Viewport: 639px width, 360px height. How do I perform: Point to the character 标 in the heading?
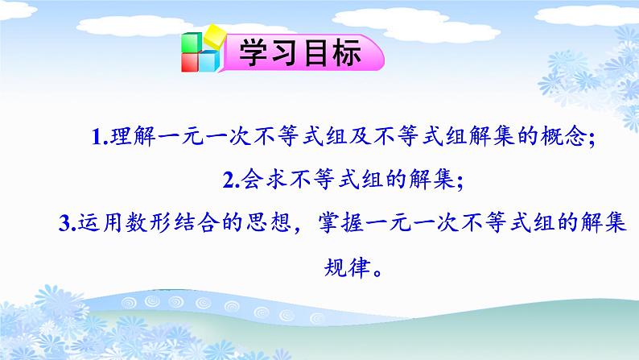[x=346, y=53]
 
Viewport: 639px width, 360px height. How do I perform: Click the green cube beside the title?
[x=191, y=43]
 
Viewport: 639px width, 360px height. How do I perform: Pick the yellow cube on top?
[x=215, y=35]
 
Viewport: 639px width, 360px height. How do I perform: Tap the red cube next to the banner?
[x=190, y=62]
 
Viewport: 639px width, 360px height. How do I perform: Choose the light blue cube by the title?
[x=209, y=61]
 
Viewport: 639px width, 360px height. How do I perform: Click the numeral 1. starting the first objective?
[x=100, y=137]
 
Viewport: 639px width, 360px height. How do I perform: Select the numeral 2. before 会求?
[x=231, y=180]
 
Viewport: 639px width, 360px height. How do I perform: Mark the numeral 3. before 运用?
[x=68, y=223]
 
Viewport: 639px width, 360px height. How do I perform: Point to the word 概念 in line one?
[x=563, y=136]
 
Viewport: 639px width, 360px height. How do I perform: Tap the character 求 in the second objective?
[x=276, y=179]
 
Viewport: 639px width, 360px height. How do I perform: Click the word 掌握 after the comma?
[x=341, y=222]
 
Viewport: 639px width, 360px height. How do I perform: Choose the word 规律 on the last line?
[x=347, y=268]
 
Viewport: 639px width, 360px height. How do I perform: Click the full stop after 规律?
[x=377, y=273]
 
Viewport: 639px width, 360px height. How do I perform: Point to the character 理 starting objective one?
[x=121, y=136]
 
